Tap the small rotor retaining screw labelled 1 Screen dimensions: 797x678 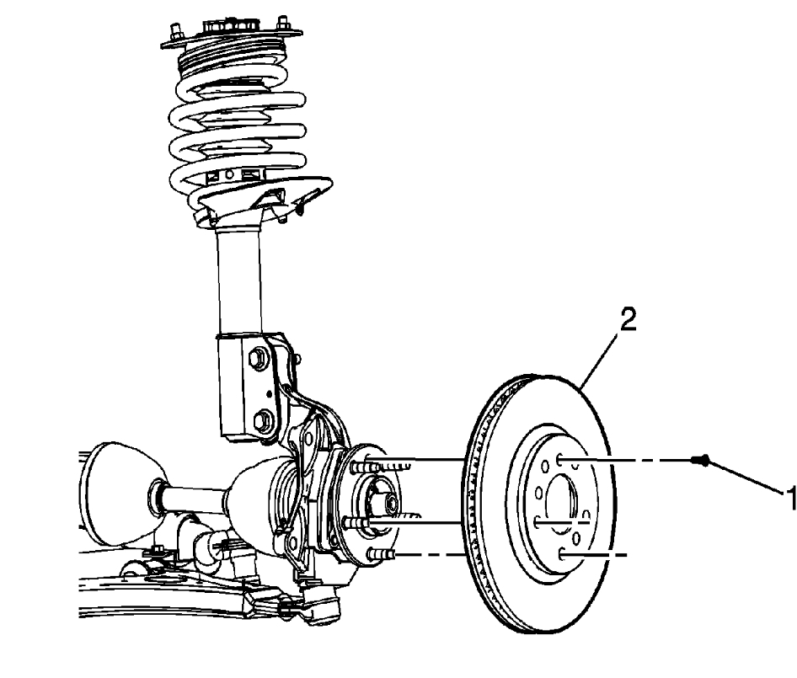pyautogui.click(x=703, y=460)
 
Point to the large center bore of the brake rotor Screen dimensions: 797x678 pyautogui.click(x=559, y=508)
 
